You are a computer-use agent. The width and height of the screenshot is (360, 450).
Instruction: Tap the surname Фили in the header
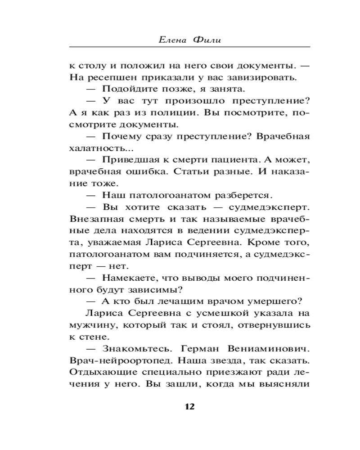coord(208,40)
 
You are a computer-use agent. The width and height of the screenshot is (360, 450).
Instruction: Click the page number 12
coord(189,407)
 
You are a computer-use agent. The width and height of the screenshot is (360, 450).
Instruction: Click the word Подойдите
coord(127,88)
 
